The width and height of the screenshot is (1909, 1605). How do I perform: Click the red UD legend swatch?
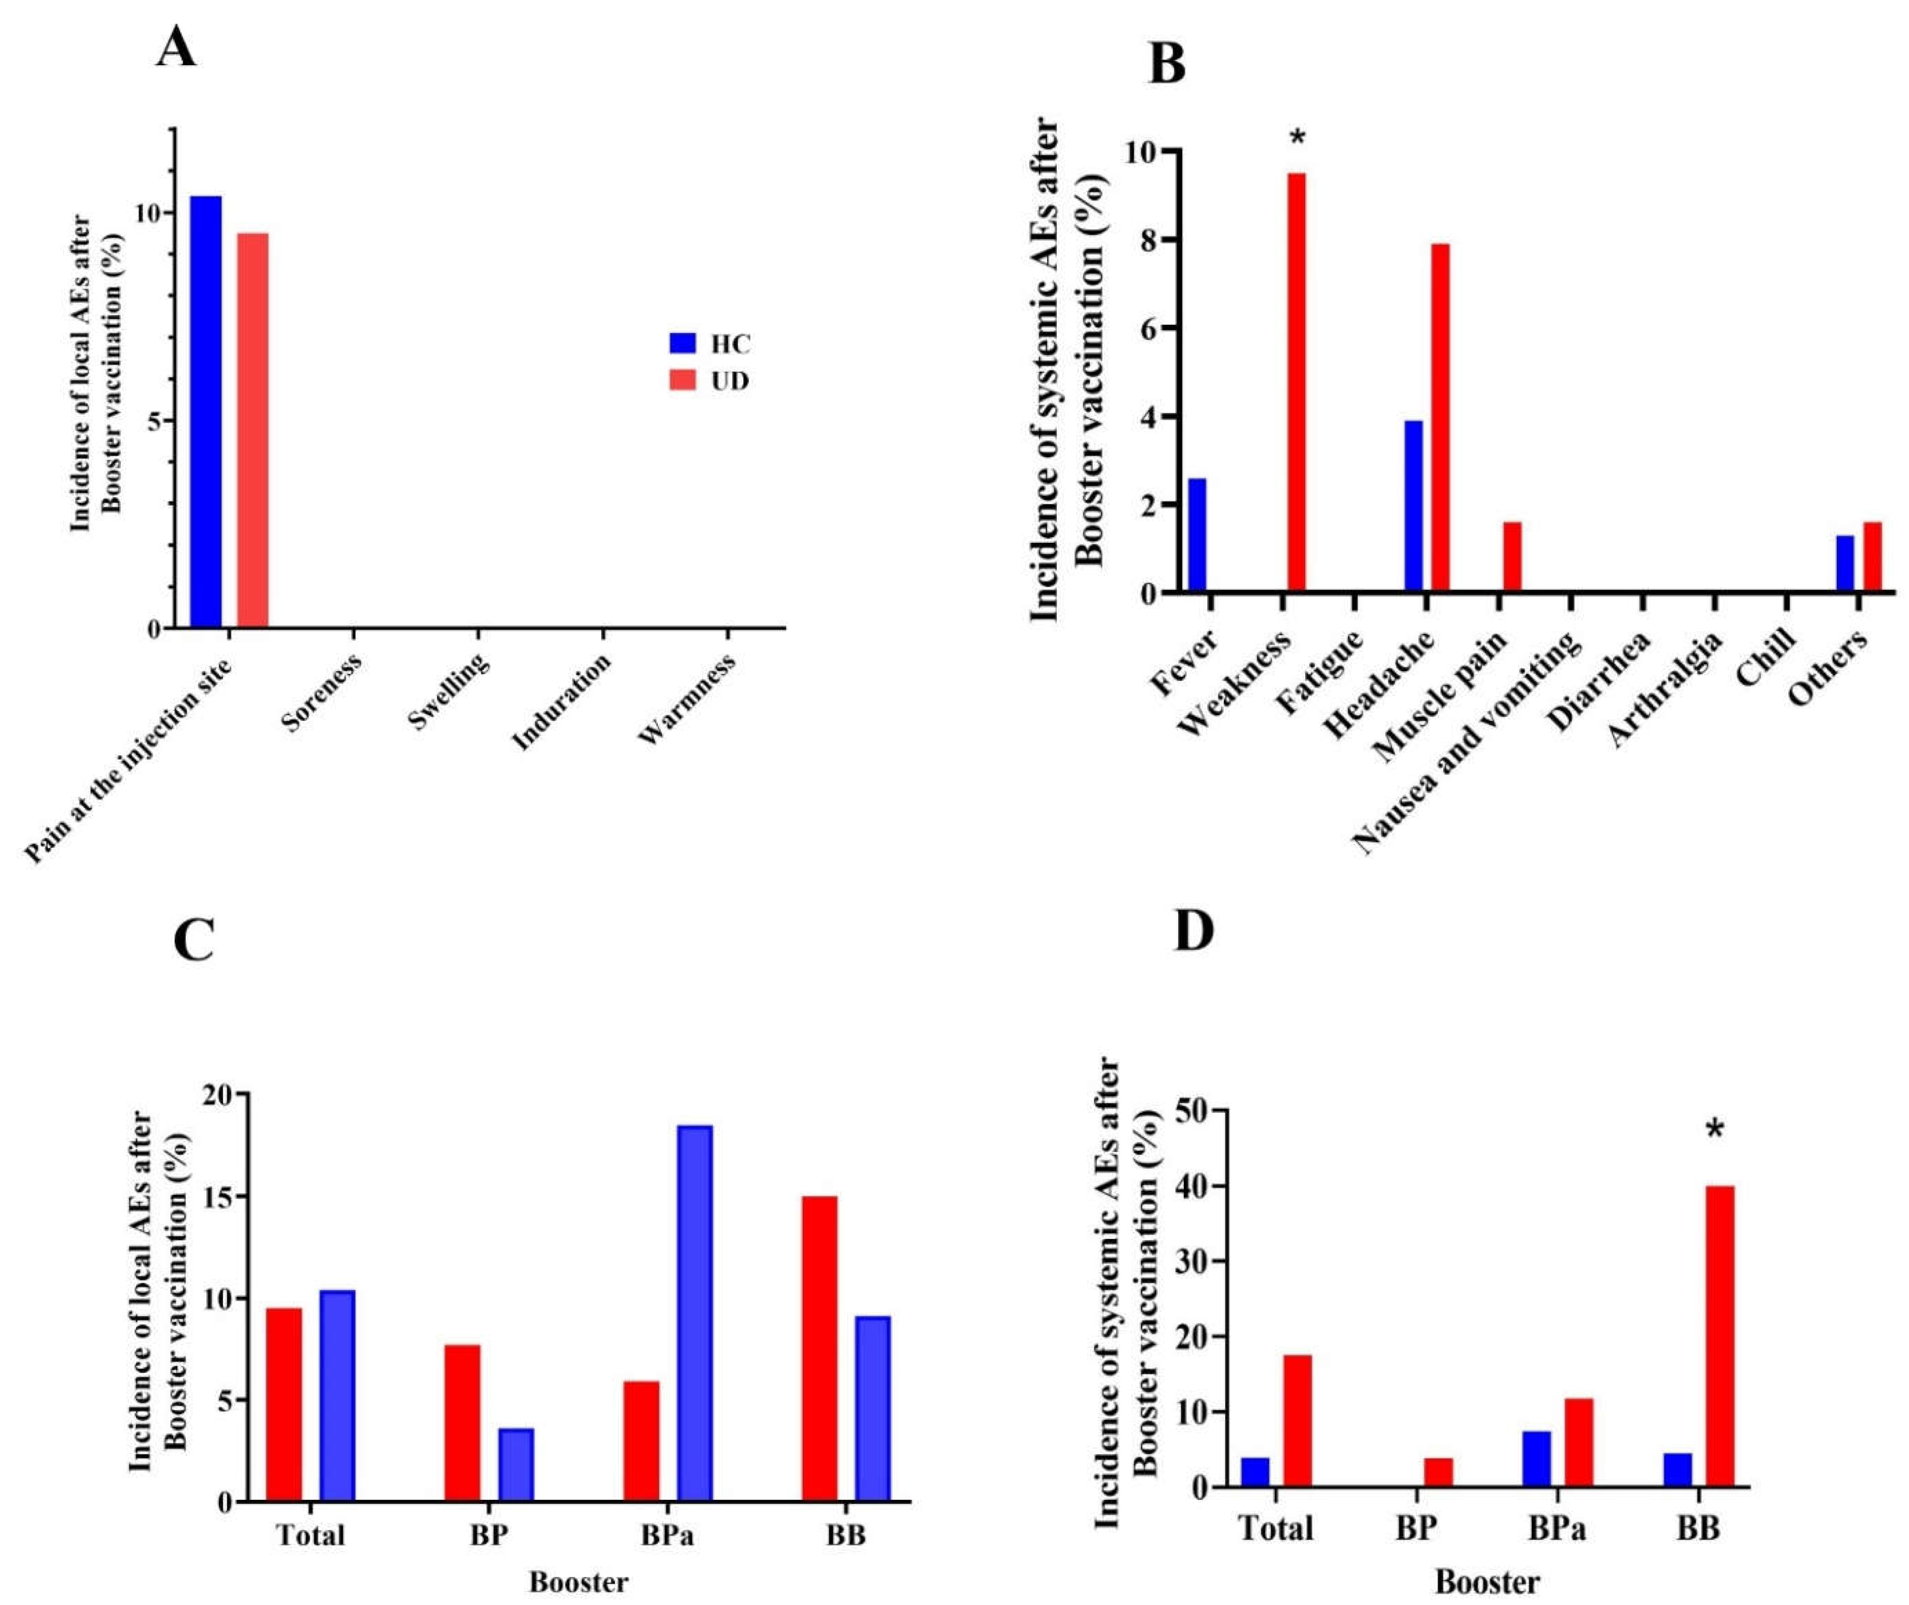pos(682,380)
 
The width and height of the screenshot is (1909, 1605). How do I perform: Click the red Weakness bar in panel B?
pos(1296,382)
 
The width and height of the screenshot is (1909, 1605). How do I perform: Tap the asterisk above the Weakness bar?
pos(1298,138)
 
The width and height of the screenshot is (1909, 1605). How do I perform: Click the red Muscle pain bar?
pos(1512,557)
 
